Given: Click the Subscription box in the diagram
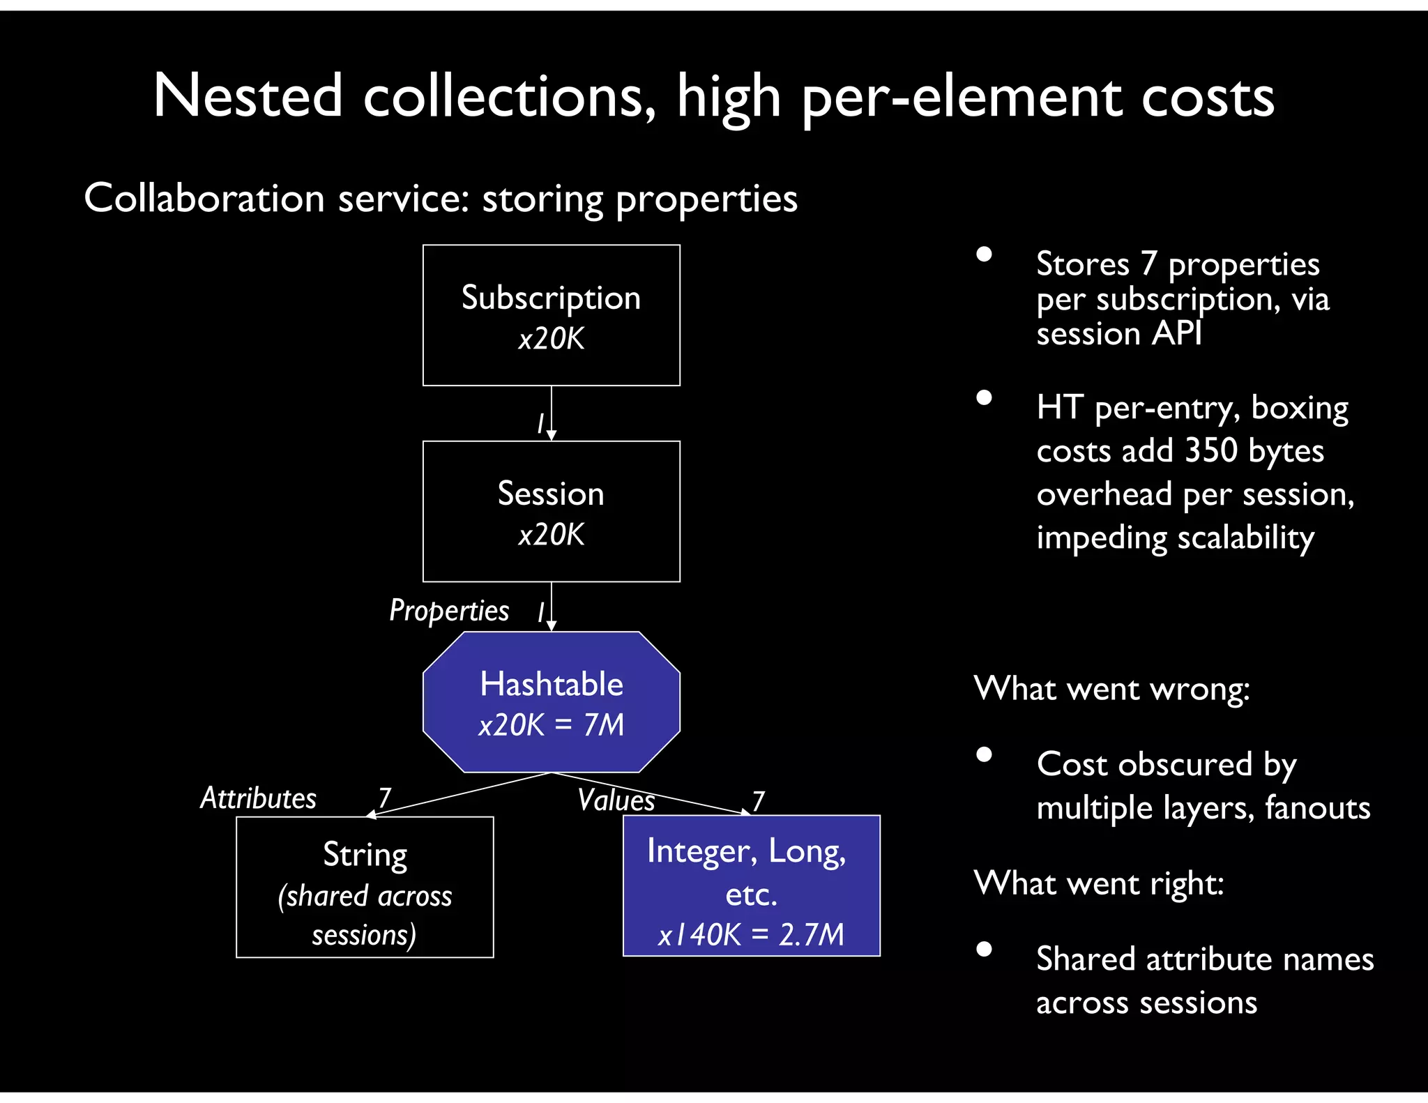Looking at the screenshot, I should point(551,315).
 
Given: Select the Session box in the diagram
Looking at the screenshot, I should point(551,511).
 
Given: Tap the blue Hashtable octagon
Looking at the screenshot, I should point(551,702).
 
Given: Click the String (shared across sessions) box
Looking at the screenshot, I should point(365,887).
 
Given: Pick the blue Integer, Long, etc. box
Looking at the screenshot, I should point(751,885).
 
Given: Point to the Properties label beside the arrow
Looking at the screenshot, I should point(449,611).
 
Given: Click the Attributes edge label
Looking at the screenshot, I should point(258,798).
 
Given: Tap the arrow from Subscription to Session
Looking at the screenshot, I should point(551,413).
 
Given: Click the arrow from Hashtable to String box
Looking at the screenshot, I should point(460,794).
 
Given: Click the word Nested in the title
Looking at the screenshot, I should point(248,96).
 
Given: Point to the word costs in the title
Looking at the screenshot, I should point(1207,98).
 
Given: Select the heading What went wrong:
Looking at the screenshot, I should point(1111,690).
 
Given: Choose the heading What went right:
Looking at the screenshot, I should point(1099,883).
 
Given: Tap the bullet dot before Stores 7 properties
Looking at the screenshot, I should point(984,254).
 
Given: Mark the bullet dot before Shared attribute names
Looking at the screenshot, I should point(984,949).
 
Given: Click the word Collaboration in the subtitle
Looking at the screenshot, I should point(204,199).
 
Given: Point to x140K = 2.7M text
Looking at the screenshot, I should point(751,934).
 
